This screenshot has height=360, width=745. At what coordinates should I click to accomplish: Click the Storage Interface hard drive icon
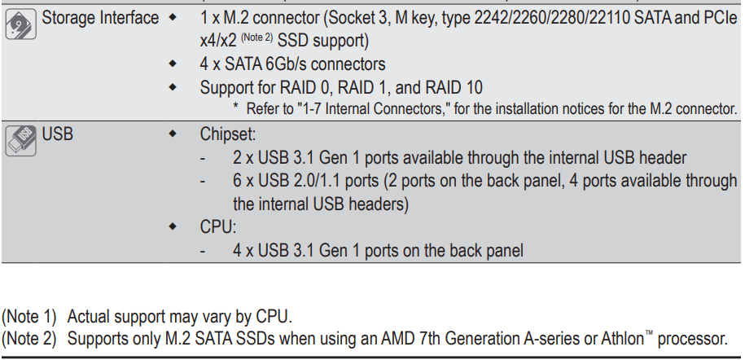(21, 24)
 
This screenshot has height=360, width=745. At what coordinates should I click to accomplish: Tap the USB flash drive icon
(21, 141)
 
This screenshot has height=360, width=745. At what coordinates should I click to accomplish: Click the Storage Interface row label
(100, 18)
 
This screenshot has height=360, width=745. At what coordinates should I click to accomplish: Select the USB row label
(58, 134)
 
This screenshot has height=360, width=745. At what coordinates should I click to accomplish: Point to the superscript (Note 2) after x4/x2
(256, 37)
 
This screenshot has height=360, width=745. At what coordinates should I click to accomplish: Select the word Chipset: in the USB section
(228, 134)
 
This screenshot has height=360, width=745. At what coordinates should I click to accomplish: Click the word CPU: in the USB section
(217, 227)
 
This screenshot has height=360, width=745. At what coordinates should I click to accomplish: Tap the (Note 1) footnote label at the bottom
(29, 316)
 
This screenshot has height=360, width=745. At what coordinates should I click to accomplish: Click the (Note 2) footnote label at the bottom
(29, 339)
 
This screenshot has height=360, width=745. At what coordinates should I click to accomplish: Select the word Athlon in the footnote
(622, 339)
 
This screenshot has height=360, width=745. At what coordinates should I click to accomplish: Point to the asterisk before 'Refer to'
(235, 106)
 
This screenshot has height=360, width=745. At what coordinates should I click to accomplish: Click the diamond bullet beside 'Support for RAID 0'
(173, 87)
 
